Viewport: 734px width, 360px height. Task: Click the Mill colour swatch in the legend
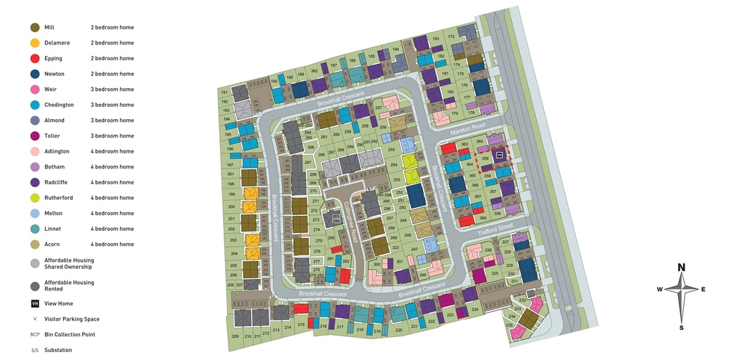pyautogui.click(x=34, y=27)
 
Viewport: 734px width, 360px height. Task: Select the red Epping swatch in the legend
pyautogui.click(x=34, y=58)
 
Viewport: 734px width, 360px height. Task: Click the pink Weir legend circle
pyautogui.click(x=34, y=90)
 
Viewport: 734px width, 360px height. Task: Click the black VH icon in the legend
pyautogui.click(x=34, y=303)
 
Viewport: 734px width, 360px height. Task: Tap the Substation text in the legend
pyautogui.click(x=58, y=350)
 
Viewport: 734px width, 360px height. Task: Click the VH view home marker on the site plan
pyautogui.click(x=500, y=154)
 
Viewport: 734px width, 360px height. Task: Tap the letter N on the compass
pyautogui.click(x=681, y=267)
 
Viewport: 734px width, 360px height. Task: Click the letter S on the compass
pyautogui.click(x=681, y=328)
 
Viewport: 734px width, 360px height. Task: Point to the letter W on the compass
pyautogui.click(x=659, y=290)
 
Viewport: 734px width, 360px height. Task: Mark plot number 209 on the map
pyautogui.click(x=235, y=336)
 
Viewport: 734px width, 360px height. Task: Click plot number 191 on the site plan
pyautogui.click(x=224, y=93)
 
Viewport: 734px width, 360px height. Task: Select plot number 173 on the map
pyautogui.click(x=451, y=37)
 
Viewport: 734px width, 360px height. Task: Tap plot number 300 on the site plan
pyautogui.click(x=377, y=264)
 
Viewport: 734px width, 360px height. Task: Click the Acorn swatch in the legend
pyautogui.click(x=34, y=245)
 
